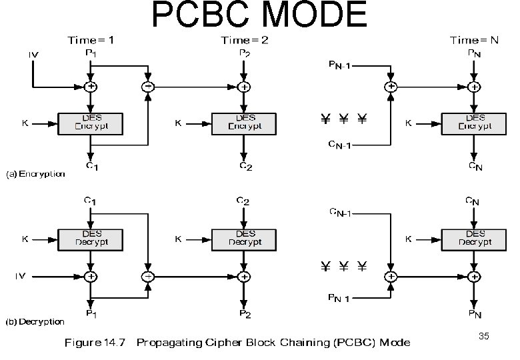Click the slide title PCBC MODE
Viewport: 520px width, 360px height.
point(259,16)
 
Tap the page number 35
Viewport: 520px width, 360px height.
point(484,337)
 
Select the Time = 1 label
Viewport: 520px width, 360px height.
point(91,40)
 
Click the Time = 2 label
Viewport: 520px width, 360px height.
point(245,40)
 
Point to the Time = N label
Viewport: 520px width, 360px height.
point(474,40)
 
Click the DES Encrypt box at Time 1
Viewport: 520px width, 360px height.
point(91,123)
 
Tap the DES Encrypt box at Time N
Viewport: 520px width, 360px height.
point(474,123)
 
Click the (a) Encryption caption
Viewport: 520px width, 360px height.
point(36,174)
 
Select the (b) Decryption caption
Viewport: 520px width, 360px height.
point(36,322)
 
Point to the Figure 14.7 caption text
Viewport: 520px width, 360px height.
point(237,343)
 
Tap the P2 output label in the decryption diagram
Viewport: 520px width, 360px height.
point(245,313)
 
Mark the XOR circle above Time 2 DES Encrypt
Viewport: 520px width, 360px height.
point(245,86)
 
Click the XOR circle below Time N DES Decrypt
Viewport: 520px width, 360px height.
point(474,275)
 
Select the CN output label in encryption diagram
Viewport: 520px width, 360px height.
point(474,167)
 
